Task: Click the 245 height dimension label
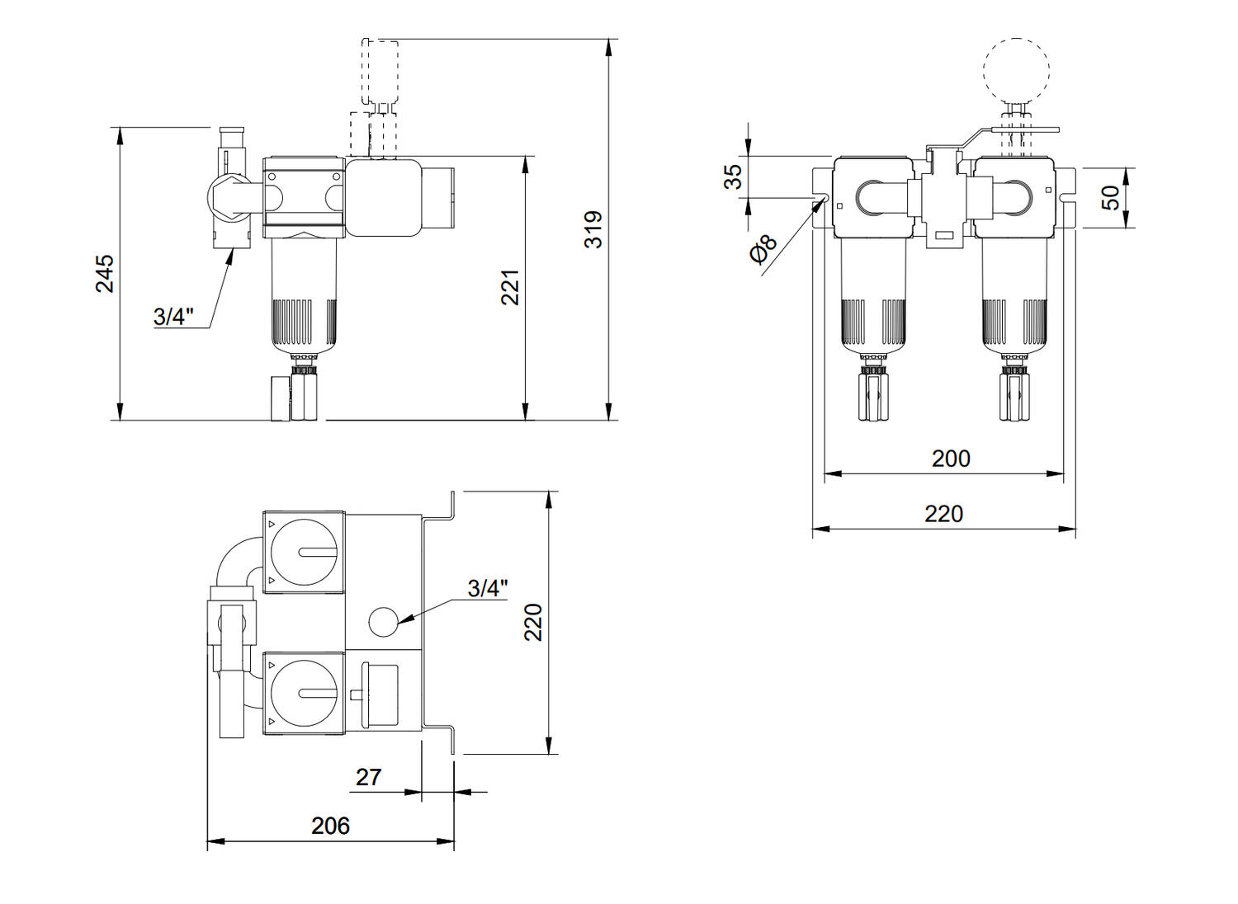[105, 273]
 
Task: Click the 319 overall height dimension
[593, 229]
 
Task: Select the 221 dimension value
[510, 287]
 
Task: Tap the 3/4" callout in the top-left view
[173, 317]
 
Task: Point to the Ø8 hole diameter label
[763, 249]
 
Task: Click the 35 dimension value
[734, 177]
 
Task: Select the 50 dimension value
[1111, 197]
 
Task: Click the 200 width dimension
[951, 459]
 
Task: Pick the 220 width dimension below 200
[944, 514]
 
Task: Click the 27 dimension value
[368, 777]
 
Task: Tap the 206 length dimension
[330, 826]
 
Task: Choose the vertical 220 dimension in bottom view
[533, 622]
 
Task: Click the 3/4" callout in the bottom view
[488, 588]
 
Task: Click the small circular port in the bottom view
[383, 621]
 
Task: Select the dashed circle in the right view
[1016, 70]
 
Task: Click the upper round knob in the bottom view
[304, 552]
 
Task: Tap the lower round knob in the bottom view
[304, 693]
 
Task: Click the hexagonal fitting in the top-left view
[230, 198]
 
